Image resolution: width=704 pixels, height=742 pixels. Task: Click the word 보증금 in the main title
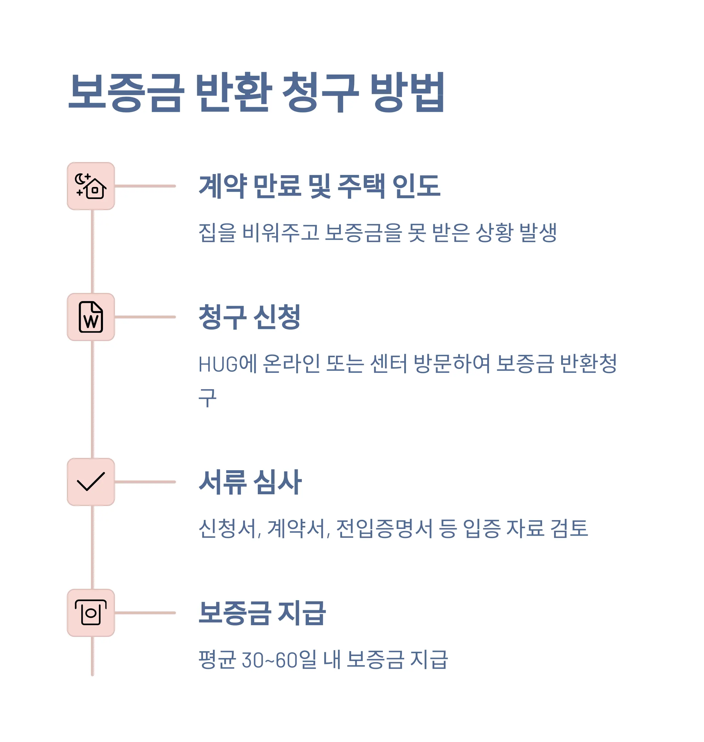point(126,92)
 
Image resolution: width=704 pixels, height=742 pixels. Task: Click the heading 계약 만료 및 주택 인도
point(319,186)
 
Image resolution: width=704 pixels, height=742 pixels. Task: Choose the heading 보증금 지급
point(262,613)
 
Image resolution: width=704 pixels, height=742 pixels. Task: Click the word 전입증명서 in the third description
point(385,528)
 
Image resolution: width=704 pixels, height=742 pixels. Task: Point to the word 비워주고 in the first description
point(281,232)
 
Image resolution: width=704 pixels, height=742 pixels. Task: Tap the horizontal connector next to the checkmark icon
point(145,482)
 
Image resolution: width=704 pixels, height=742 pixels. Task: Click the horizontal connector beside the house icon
point(145,186)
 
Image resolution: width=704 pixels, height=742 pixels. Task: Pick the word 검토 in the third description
point(569,528)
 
